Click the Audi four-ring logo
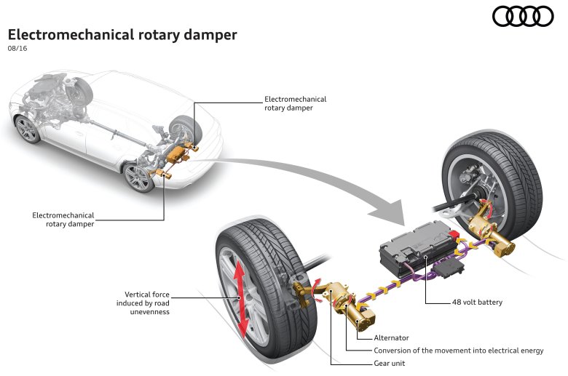click(523, 16)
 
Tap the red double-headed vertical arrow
click(240, 298)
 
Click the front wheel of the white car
click(28, 129)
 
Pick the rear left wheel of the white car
click(138, 177)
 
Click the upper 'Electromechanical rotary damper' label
click(295, 103)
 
